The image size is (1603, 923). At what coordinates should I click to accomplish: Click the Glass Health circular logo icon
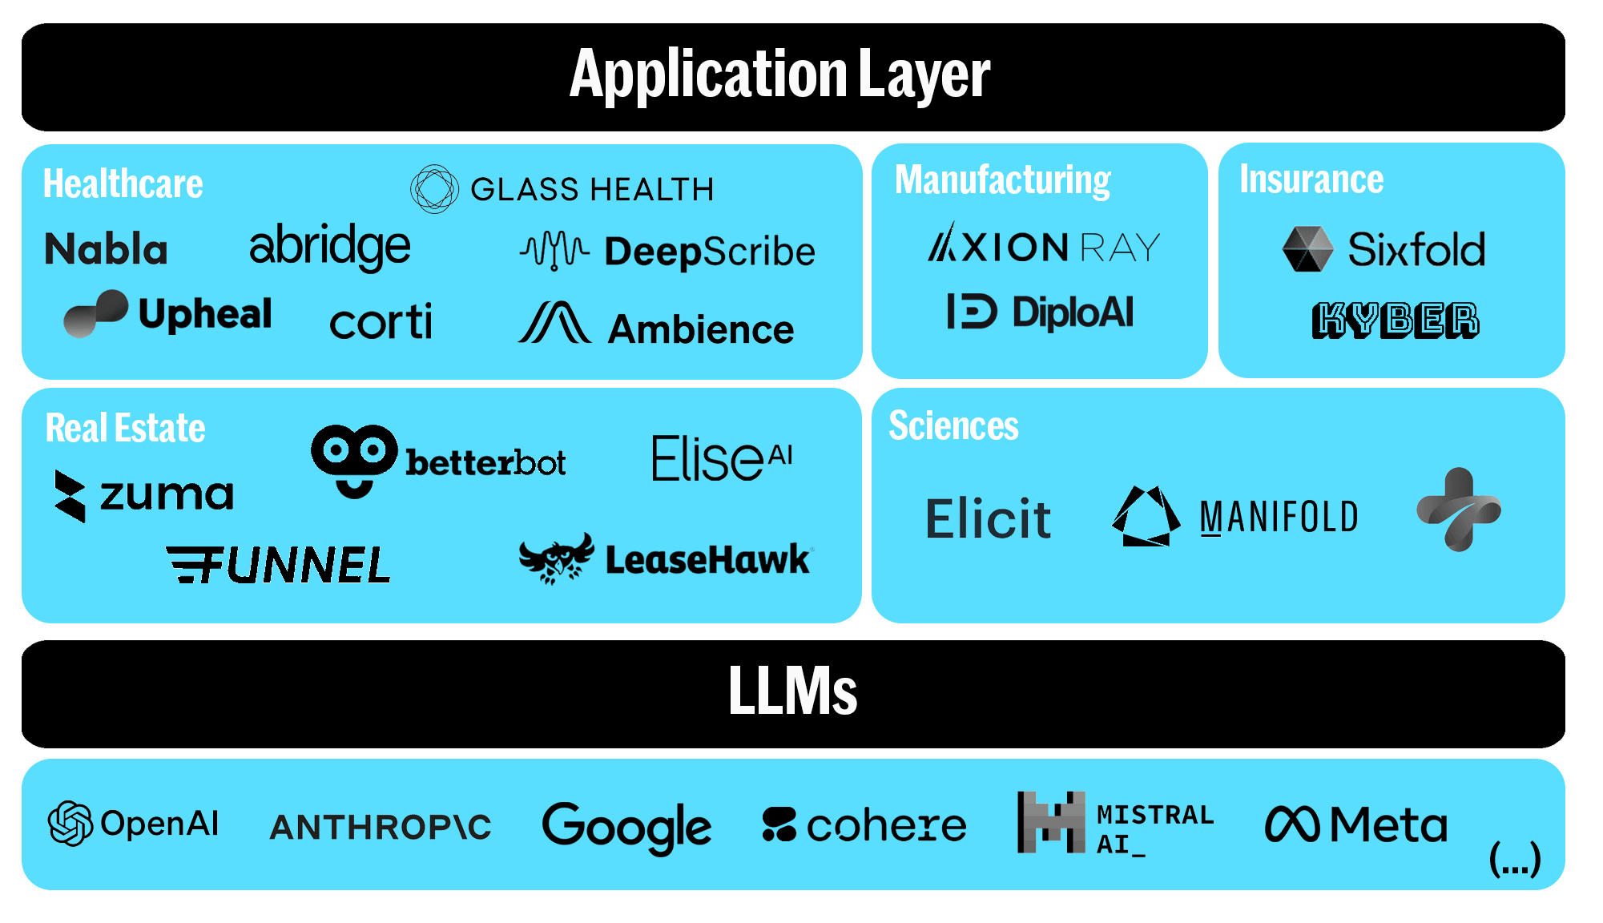click(434, 189)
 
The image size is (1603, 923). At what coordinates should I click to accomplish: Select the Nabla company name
click(106, 249)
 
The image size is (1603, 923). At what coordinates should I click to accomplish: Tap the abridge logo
click(330, 247)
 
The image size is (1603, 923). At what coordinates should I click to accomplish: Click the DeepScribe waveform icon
click(554, 251)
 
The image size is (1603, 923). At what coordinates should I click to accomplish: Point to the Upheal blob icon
click(96, 313)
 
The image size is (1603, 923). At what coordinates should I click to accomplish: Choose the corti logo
click(381, 322)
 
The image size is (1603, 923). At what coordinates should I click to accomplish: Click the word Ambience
click(701, 329)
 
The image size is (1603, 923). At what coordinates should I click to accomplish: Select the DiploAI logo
click(1040, 312)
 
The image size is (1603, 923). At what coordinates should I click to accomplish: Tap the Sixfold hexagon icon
click(1307, 248)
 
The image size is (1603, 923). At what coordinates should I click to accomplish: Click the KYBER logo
click(1395, 320)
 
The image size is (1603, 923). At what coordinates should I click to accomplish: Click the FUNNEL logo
click(279, 565)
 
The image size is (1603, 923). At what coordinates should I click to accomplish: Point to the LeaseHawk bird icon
click(556, 558)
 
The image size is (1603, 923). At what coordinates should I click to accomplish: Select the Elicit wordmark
click(988, 518)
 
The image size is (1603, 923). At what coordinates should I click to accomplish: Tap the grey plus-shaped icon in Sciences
click(1458, 510)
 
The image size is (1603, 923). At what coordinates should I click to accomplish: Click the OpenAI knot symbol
click(70, 823)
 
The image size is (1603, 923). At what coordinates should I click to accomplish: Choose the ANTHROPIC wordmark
click(381, 827)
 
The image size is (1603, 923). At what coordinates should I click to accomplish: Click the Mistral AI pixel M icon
click(1051, 823)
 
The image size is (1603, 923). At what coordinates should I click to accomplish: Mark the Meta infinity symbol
click(1291, 824)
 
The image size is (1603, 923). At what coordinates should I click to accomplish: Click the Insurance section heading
click(1311, 179)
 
